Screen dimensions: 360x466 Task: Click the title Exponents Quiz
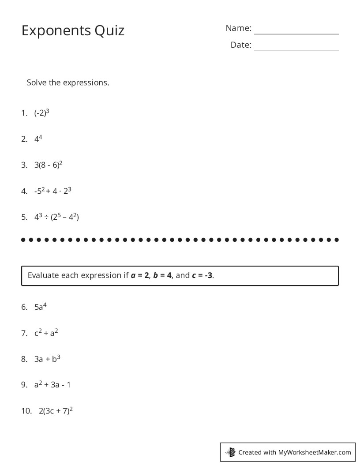point(73,30)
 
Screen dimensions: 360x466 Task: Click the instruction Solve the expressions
point(68,83)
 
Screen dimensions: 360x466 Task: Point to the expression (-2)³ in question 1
point(42,113)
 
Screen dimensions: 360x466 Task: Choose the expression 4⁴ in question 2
point(38,139)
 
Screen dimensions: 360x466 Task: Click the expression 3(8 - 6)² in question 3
point(49,165)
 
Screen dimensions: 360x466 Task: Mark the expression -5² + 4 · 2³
point(53,191)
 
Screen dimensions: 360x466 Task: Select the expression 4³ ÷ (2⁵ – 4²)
point(56,217)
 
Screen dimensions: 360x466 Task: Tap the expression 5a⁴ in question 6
point(41,307)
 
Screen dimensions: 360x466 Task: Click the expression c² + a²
point(46,333)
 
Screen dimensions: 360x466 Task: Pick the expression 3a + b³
point(47,359)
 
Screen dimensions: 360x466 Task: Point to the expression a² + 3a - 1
point(52,385)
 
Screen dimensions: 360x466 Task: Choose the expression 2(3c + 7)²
point(56,411)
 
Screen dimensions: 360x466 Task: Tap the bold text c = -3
point(202,275)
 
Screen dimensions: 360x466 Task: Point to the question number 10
point(26,411)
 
